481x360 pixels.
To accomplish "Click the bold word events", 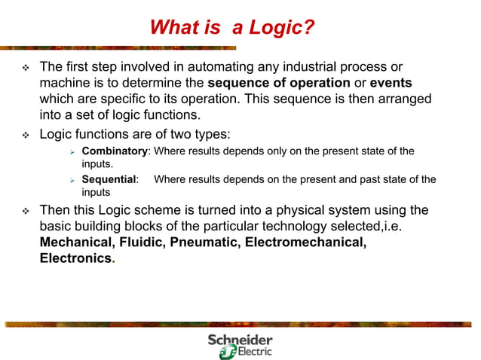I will tap(391, 83).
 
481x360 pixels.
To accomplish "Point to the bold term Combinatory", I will tap(114, 151).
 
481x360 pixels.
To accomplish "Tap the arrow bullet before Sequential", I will tap(72, 180).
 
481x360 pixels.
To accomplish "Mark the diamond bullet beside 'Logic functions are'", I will tap(24, 135).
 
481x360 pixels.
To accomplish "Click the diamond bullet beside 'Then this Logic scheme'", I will tap(24, 210).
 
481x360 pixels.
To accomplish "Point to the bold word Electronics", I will tap(75, 258).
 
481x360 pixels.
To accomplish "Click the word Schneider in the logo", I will tap(240, 340).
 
